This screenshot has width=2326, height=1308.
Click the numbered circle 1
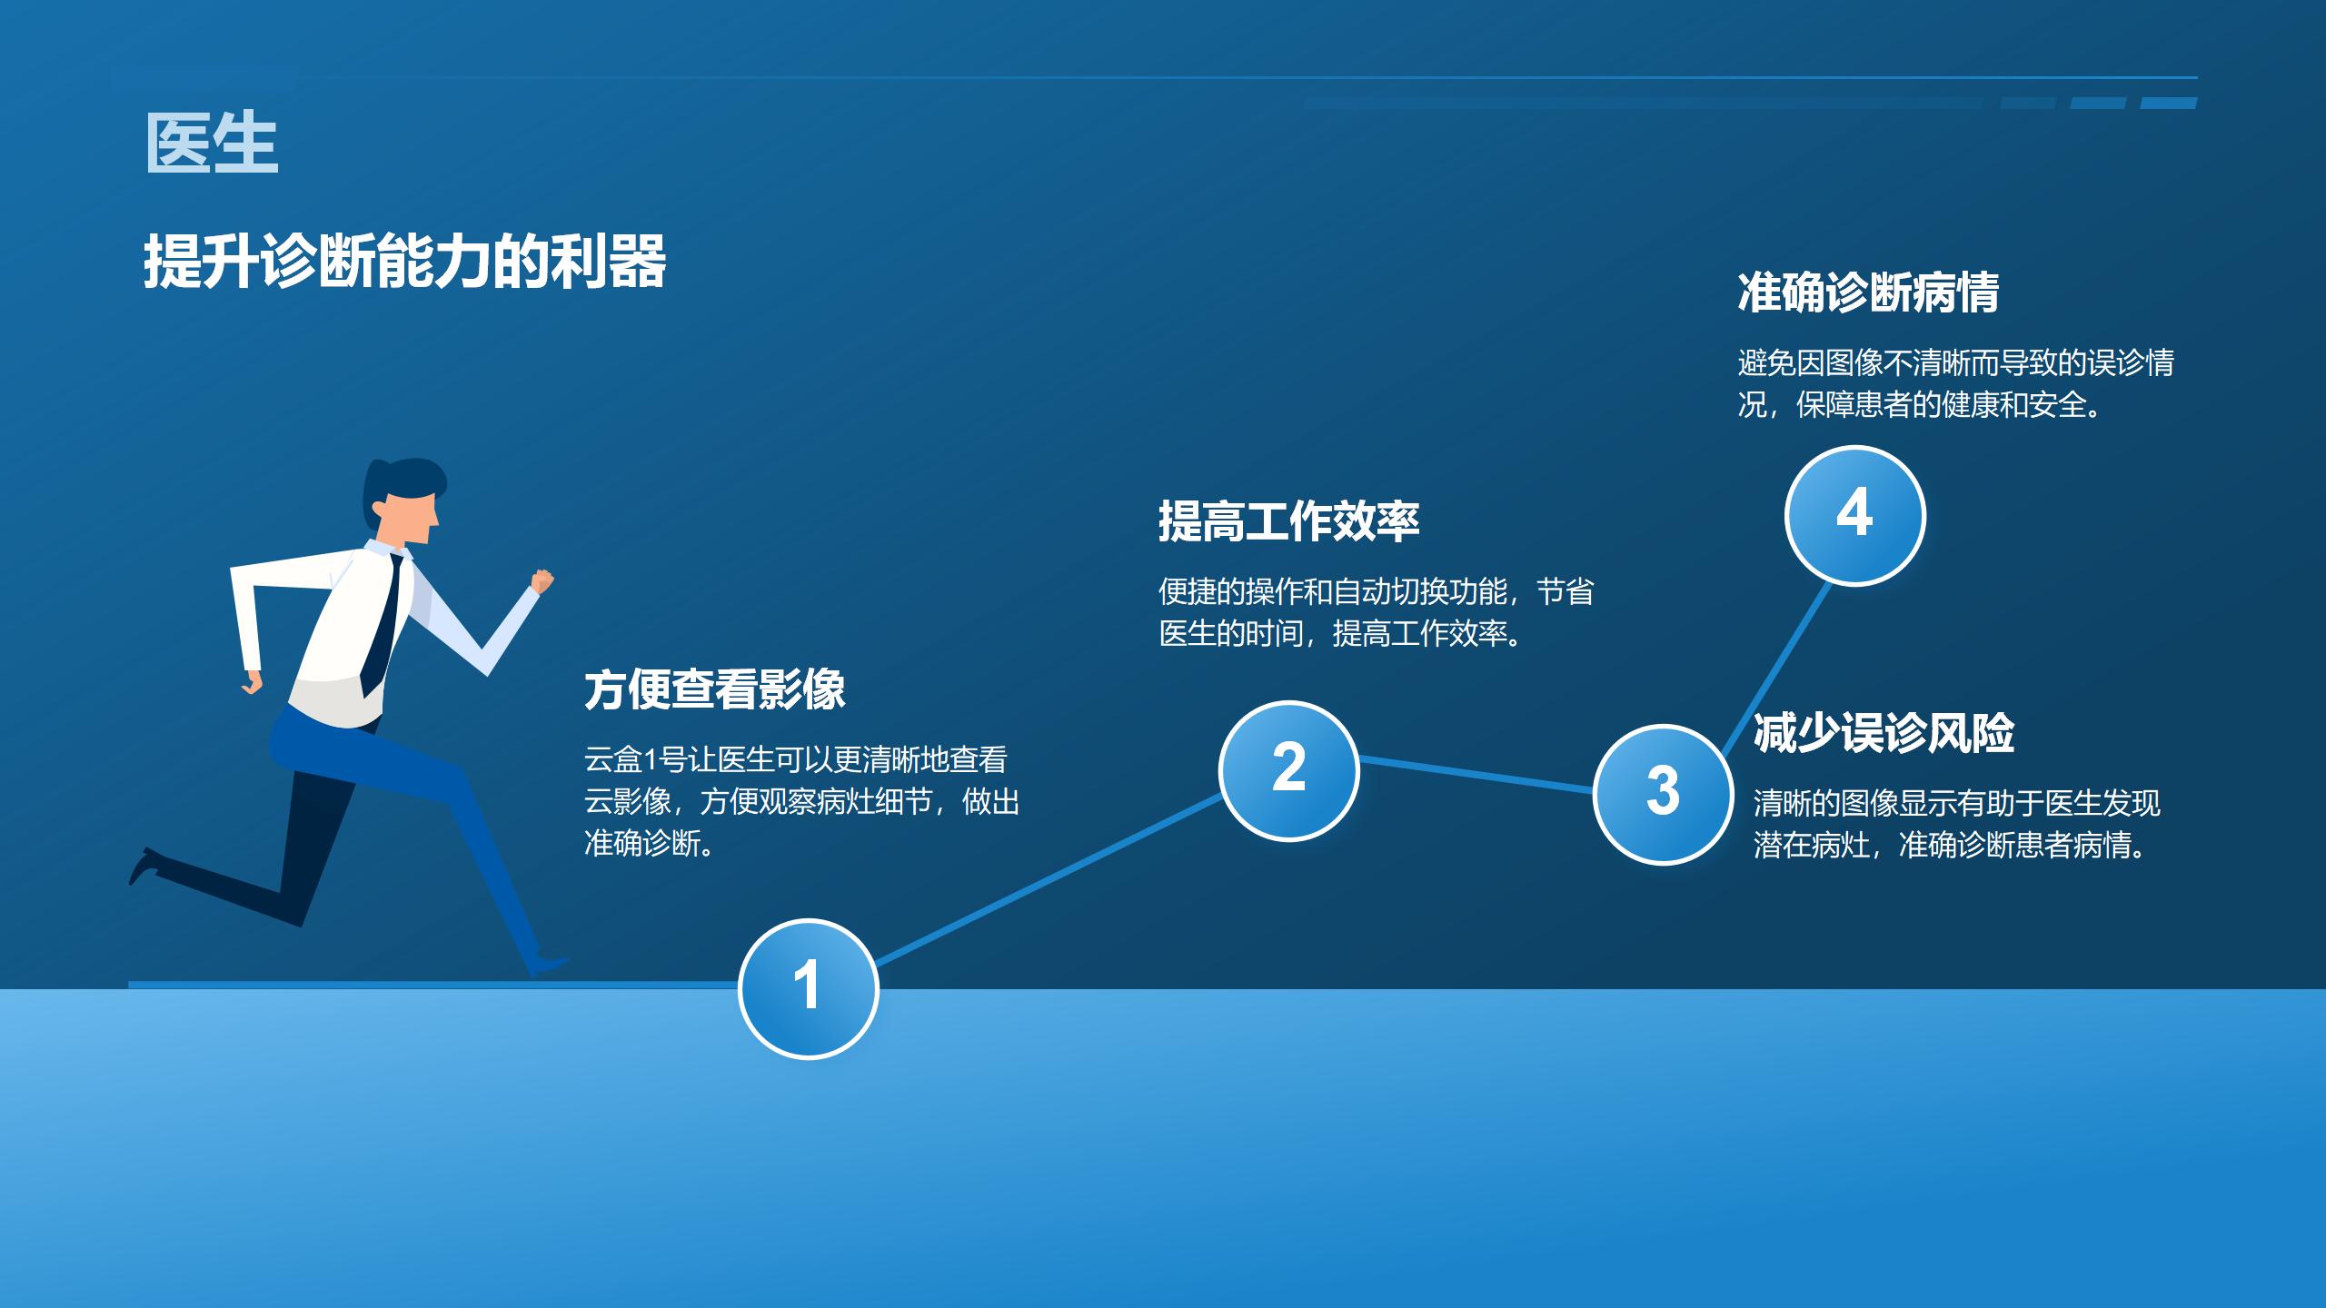click(x=808, y=988)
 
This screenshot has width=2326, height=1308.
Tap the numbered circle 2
click(x=1288, y=770)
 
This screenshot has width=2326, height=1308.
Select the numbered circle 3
click(x=1663, y=794)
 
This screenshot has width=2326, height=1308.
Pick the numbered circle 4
click(x=1854, y=515)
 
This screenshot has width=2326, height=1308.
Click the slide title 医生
click(x=212, y=144)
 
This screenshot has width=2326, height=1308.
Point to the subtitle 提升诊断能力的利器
click(x=404, y=262)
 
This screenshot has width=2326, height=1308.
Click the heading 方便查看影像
click(x=714, y=689)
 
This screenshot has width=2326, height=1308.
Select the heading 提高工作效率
click(x=1288, y=521)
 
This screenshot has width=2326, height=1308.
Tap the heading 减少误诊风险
click(x=1884, y=733)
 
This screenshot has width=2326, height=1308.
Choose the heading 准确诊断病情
click(x=1868, y=292)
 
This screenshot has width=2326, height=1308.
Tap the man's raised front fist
click(x=542, y=581)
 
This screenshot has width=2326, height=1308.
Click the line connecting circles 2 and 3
click(x=1476, y=775)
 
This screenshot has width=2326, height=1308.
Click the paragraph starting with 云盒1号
click(x=800, y=801)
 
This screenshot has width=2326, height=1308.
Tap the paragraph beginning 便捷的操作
click(x=1374, y=612)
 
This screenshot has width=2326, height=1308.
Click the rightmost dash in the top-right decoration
click(x=2169, y=104)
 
